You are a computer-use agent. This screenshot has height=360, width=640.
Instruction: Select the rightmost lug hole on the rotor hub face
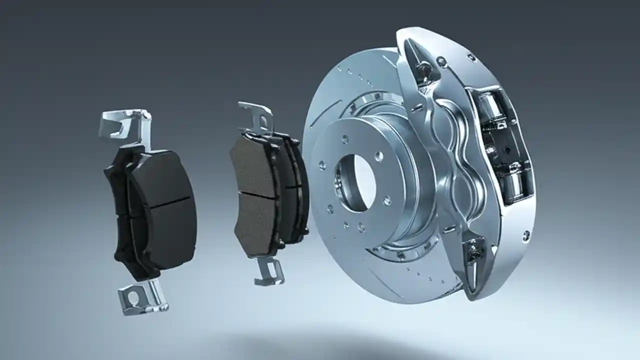pyautogui.click(x=386, y=200)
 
